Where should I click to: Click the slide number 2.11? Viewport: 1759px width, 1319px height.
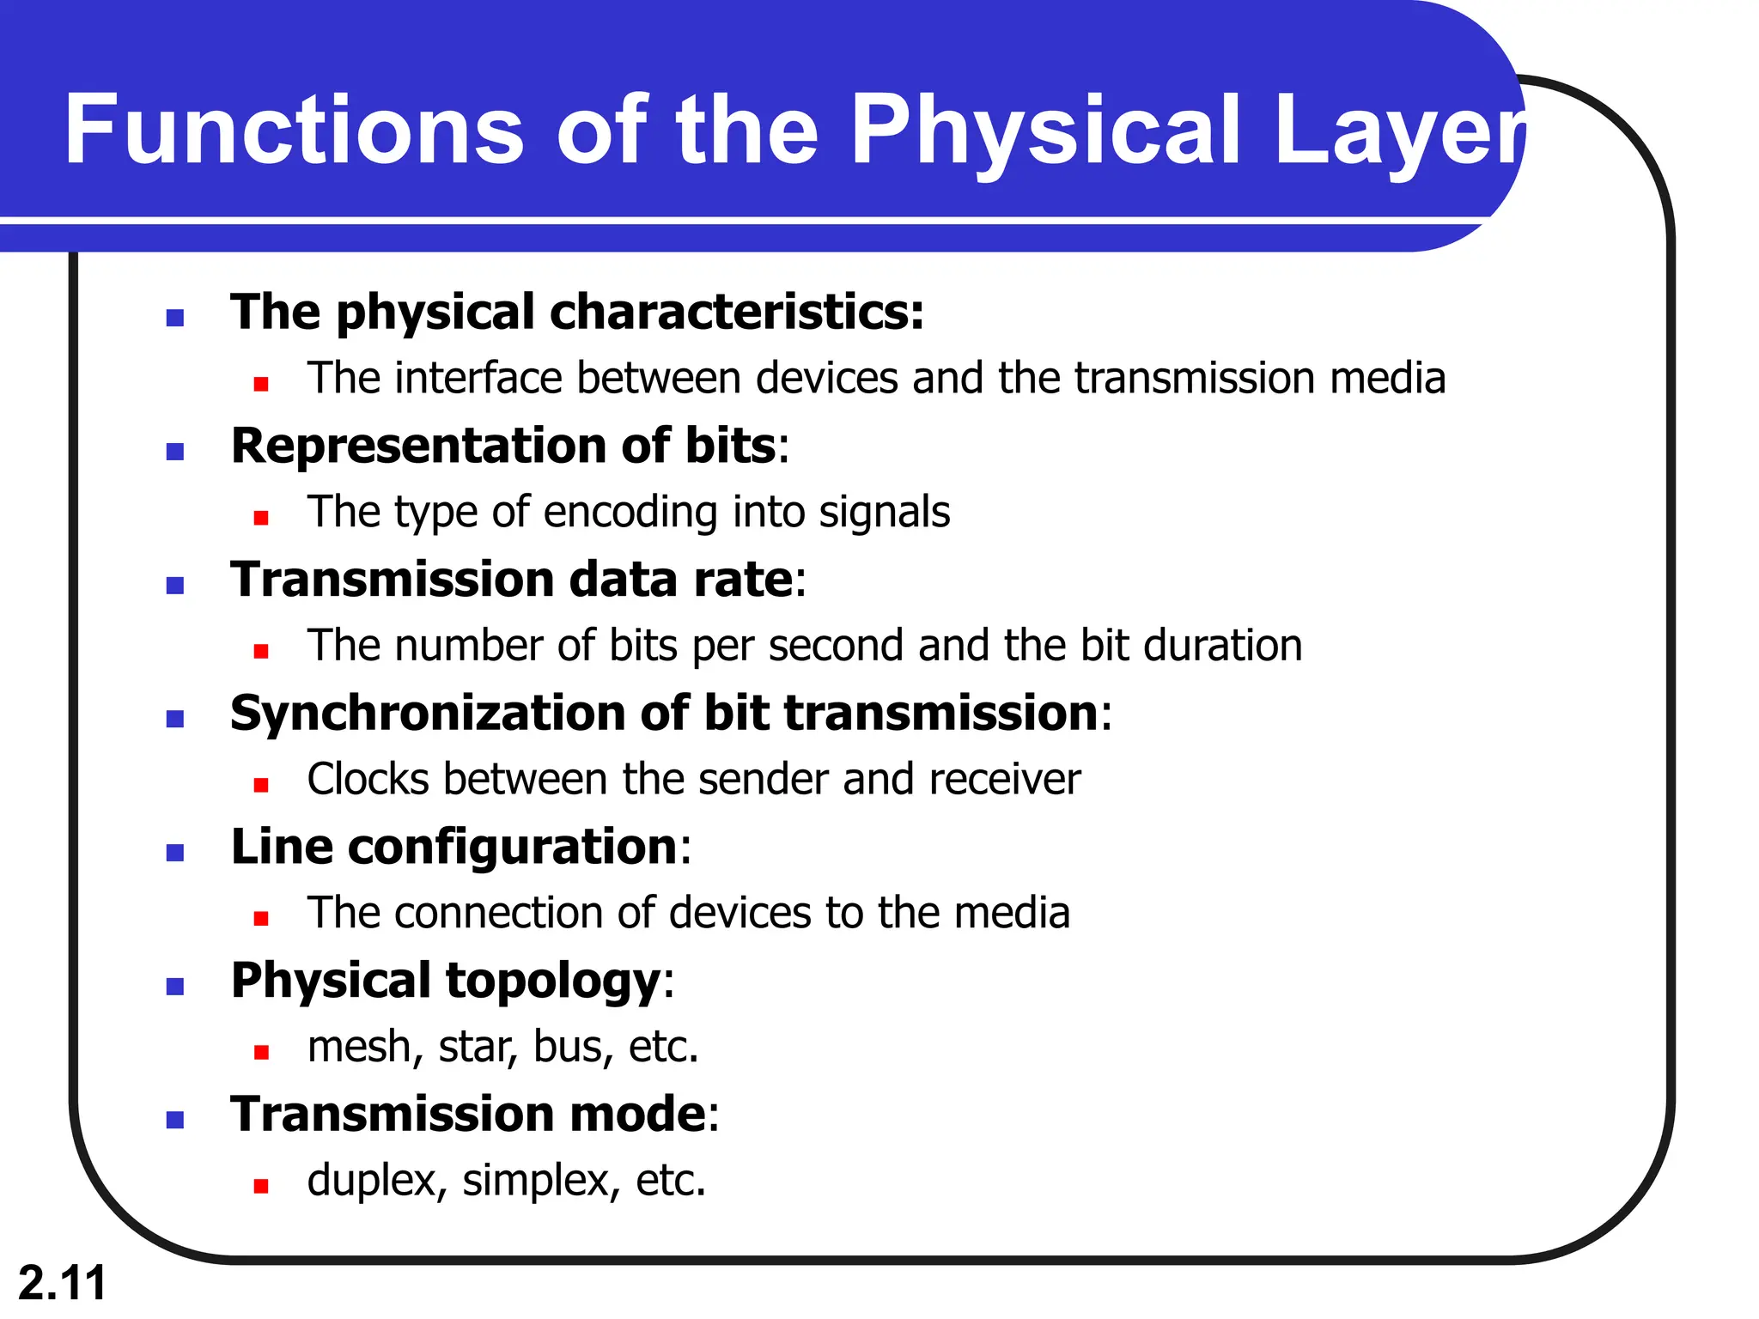pyautogui.click(x=62, y=1283)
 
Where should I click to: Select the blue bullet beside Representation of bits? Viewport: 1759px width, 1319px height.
pyautogui.click(x=175, y=452)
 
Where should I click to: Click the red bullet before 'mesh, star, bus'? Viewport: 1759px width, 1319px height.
pyautogui.click(x=261, y=1052)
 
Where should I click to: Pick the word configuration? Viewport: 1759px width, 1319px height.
pyautogui.click(x=513, y=847)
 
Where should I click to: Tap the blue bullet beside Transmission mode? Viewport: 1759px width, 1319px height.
pyautogui.click(x=175, y=1120)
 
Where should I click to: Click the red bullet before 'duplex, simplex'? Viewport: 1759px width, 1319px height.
pyautogui.click(x=261, y=1186)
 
